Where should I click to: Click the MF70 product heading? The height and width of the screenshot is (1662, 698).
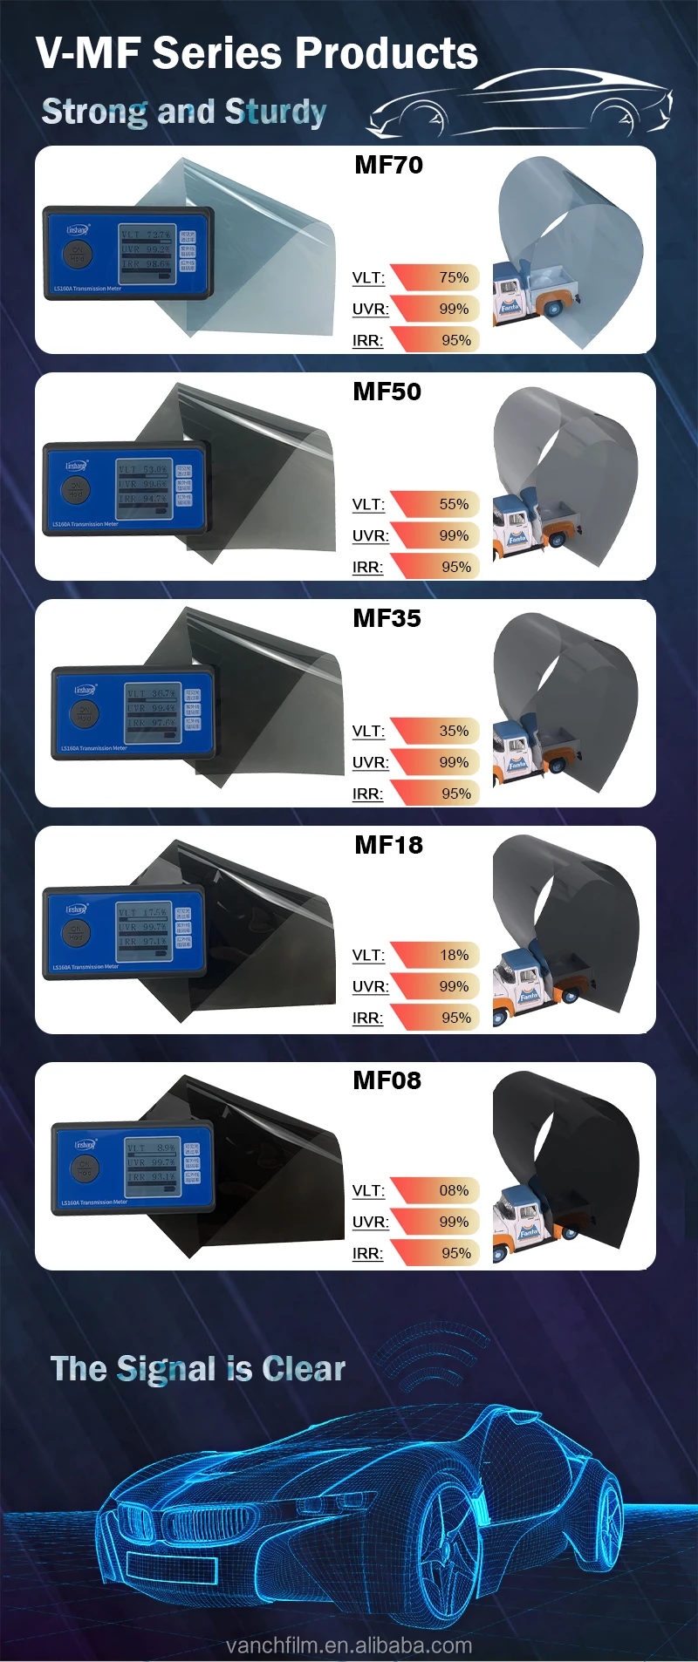click(x=388, y=165)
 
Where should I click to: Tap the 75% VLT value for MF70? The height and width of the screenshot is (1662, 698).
click(x=454, y=277)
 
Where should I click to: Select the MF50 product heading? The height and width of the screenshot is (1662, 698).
click(x=387, y=392)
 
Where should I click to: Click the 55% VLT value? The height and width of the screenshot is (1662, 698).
click(x=454, y=504)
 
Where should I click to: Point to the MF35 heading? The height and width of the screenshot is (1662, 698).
click(x=387, y=618)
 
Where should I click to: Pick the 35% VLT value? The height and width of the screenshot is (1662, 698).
click(x=454, y=731)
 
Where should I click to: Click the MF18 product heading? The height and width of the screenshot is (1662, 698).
click(x=388, y=845)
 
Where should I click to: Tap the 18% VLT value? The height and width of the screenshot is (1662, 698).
click(x=454, y=955)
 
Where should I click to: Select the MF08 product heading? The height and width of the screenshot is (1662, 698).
click(x=387, y=1080)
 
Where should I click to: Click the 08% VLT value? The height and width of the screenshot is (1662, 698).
click(x=454, y=1190)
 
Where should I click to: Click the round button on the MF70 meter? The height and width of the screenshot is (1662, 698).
click(x=77, y=254)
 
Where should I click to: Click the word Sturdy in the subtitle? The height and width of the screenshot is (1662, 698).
click(x=275, y=112)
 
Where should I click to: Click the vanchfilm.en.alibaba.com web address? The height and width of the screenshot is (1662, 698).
click(x=349, y=1645)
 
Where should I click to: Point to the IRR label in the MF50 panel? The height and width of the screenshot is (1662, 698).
click(x=367, y=567)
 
